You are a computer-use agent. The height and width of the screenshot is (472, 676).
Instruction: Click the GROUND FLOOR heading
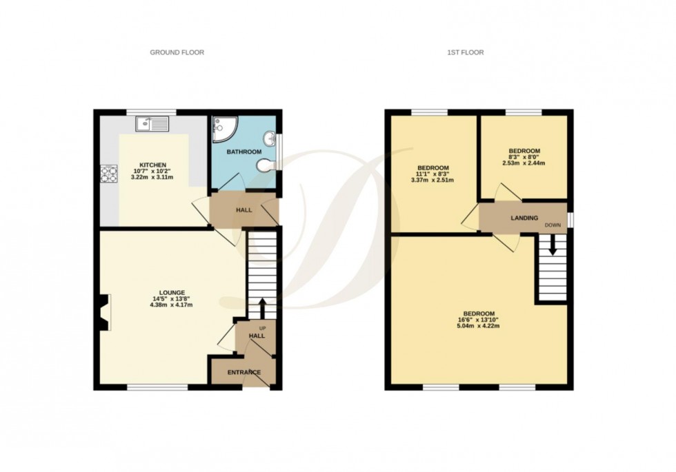[x=177, y=52]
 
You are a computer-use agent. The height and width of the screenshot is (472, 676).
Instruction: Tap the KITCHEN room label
[x=153, y=165]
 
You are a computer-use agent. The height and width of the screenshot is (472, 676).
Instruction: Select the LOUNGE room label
[x=164, y=292]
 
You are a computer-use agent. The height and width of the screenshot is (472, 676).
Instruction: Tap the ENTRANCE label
[x=244, y=373]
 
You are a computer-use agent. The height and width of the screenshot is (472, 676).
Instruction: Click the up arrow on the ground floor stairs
[x=262, y=306]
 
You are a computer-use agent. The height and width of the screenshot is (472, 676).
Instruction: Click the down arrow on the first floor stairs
[x=553, y=247]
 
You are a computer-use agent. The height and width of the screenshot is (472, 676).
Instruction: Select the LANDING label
[x=524, y=218]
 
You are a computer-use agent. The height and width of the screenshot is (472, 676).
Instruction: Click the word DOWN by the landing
[x=553, y=225]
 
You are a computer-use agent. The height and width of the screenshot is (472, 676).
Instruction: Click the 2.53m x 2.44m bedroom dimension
[x=524, y=163]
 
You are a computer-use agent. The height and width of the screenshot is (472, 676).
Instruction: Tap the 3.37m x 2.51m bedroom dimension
[x=433, y=181]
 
